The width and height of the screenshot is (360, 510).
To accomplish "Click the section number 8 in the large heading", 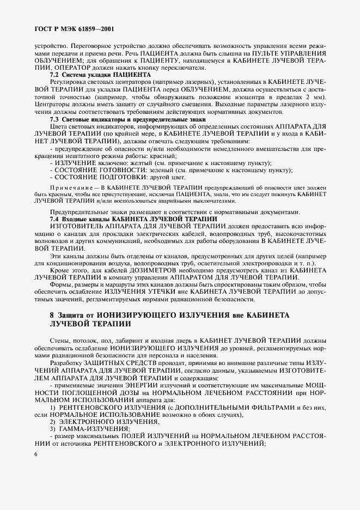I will coord(52,315).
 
